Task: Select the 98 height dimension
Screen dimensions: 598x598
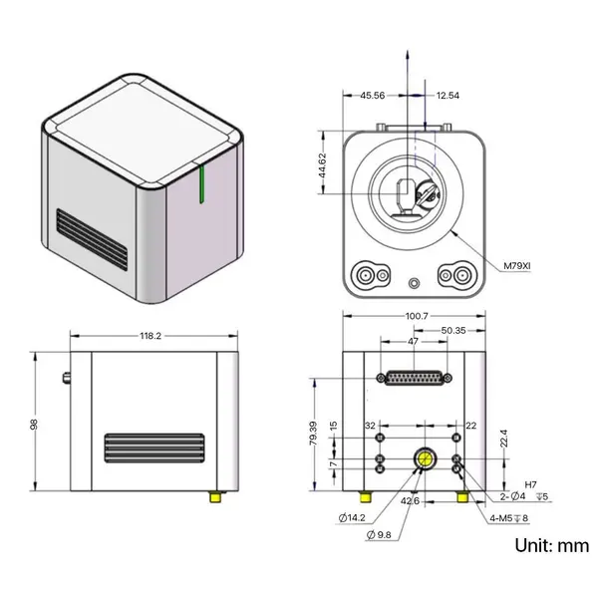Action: click(35, 424)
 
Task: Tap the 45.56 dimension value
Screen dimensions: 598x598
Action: click(359, 96)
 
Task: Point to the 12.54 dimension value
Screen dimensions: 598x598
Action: click(448, 96)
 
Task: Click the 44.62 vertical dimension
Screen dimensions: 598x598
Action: click(322, 163)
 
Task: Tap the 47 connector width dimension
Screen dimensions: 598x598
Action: click(414, 343)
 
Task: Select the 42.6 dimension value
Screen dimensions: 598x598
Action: click(409, 501)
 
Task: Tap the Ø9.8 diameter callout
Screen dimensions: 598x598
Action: click(384, 535)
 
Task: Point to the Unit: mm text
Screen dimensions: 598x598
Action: click(551, 546)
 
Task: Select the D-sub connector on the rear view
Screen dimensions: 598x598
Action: click(414, 378)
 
